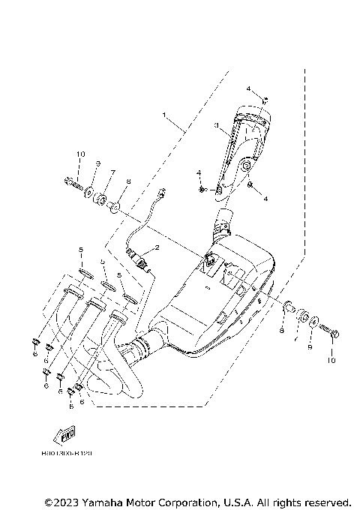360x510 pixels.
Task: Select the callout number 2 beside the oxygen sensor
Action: [x=157, y=247]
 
